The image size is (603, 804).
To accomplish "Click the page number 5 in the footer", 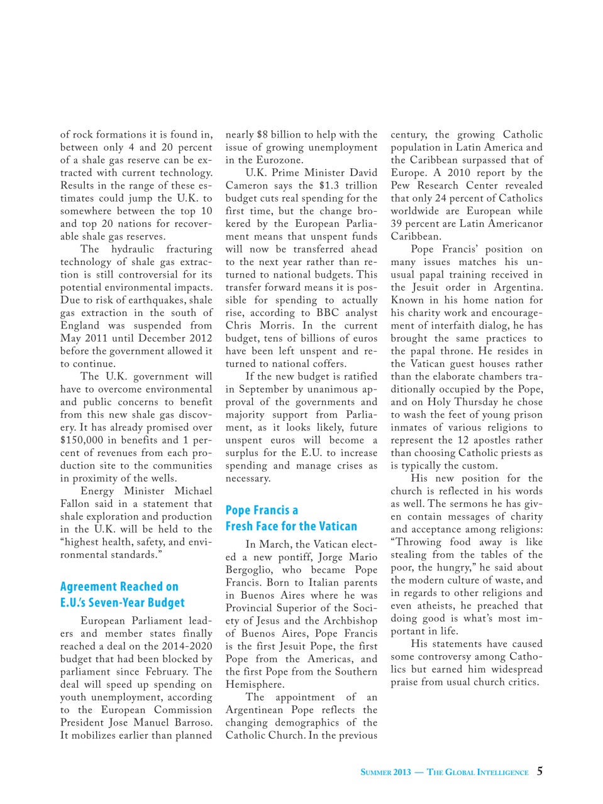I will [539, 771].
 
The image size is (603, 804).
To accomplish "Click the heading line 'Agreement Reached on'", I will [119, 587].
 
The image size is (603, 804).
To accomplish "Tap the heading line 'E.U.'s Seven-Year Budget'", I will [123, 603].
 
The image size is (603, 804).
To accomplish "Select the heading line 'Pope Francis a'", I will [262, 510].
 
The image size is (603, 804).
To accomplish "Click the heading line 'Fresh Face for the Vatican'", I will [291, 526].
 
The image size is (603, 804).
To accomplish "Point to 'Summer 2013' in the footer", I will [385, 773].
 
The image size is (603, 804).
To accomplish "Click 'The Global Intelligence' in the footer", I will [478, 773].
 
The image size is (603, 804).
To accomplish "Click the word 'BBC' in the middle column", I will [328, 313].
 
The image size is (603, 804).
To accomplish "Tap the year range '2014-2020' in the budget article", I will [182, 646].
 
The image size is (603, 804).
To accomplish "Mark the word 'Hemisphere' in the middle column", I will [255, 685].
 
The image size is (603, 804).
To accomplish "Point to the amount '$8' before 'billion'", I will [262, 134].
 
